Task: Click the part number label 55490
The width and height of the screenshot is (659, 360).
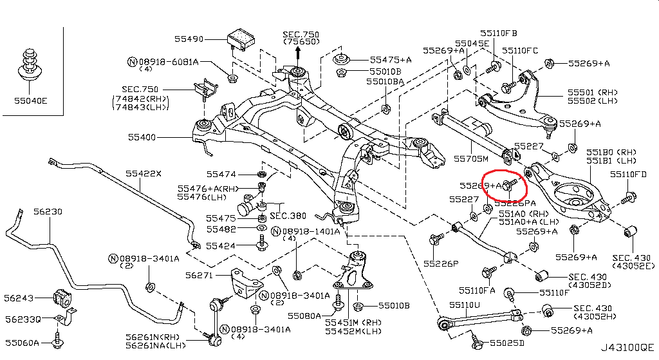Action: pyautogui.click(x=187, y=39)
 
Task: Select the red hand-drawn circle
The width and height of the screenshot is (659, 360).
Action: pyautogui.click(x=505, y=185)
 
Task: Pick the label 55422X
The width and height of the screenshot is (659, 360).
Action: pyautogui.click(x=144, y=173)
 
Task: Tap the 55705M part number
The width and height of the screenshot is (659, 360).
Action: pyautogui.click(x=471, y=158)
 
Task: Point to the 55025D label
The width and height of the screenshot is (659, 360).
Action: pyautogui.click(x=507, y=342)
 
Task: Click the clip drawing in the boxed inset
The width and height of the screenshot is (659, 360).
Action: pyautogui.click(x=28, y=64)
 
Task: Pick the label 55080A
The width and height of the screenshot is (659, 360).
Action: pyautogui.click(x=304, y=316)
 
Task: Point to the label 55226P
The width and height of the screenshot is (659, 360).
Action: pyautogui.click(x=441, y=263)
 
